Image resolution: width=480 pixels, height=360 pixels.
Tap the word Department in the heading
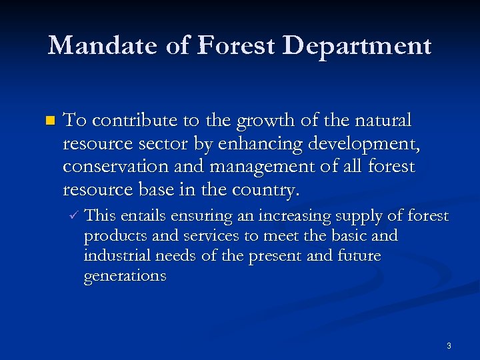pyautogui.click(x=357, y=46)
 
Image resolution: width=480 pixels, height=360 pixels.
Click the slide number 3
pyautogui.click(x=449, y=345)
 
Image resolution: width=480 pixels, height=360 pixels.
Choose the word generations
pyautogui.click(x=125, y=276)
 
